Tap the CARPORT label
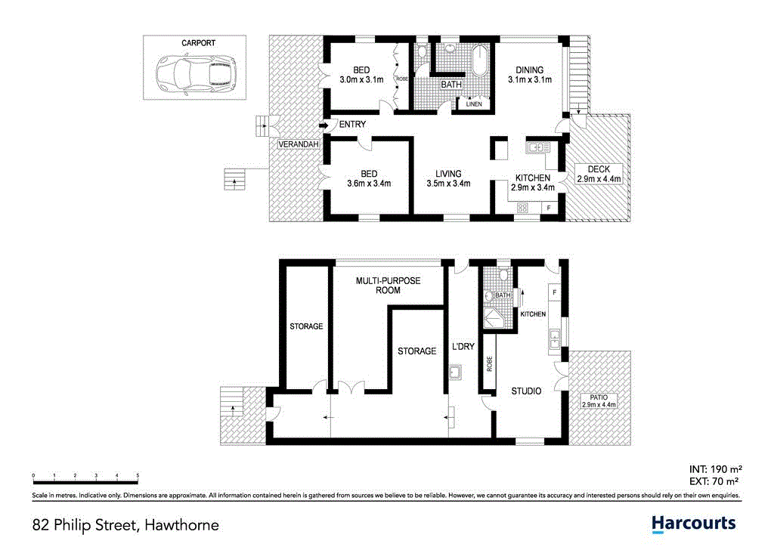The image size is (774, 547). [x=198, y=43]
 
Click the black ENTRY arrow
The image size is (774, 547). [x=324, y=125]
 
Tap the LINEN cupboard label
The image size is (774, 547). [x=473, y=104]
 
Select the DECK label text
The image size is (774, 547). [x=598, y=168]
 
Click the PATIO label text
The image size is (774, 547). [x=599, y=397]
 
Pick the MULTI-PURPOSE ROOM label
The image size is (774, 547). [x=388, y=285]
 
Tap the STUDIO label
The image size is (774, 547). [x=525, y=391]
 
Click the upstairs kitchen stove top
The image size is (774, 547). [x=522, y=207]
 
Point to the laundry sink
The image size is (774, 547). [x=455, y=372]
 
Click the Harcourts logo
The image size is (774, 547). [x=693, y=523]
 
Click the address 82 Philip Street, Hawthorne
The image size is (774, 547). [x=125, y=524]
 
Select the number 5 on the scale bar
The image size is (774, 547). [x=138, y=476]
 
